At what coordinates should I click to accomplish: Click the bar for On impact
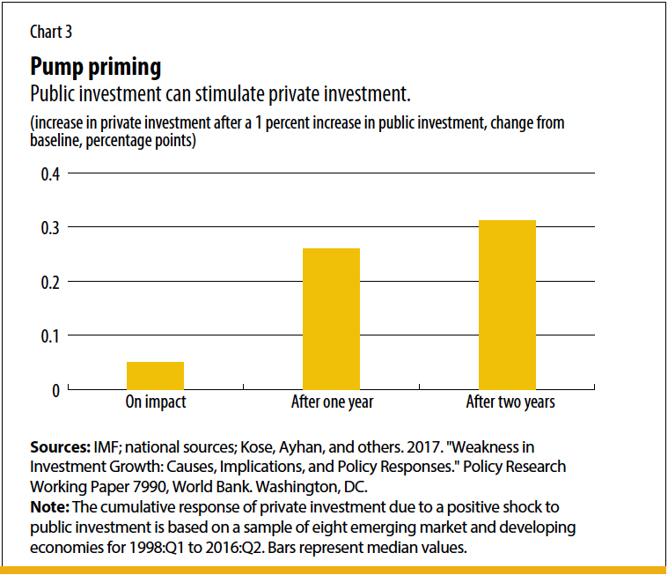(155, 375)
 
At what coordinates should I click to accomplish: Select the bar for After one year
(331, 319)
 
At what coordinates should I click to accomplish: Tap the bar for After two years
(507, 305)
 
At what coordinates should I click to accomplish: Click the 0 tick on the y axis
(55, 390)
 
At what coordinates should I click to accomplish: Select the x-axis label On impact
(156, 402)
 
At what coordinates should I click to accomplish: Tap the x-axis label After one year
(332, 402)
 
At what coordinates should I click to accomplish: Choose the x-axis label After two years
(510, 402)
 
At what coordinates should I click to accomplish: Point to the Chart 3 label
(51, 32)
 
